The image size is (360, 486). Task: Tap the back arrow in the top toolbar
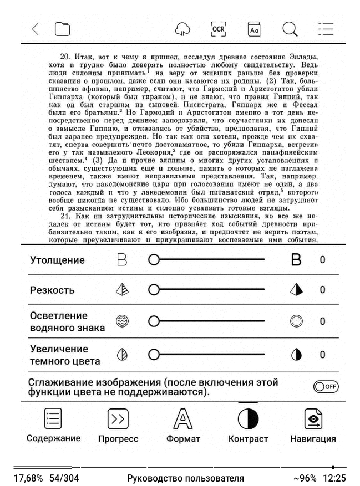[35, 29]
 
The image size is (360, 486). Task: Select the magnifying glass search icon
[290, 29]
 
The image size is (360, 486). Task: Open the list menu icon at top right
[326, 29]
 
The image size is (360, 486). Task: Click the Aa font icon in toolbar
[254, 29]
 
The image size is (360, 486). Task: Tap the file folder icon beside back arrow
[62, 29]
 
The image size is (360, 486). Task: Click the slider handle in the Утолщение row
[154, 259]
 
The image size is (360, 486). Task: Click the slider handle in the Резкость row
[154, 289]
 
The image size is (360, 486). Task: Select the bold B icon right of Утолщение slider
[297, 259]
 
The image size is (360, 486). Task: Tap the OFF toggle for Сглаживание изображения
[326, 387]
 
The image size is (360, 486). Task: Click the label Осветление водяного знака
[67, 321]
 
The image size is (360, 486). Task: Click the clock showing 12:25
[335, 478]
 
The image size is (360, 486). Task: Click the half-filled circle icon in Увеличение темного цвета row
[296, 355]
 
